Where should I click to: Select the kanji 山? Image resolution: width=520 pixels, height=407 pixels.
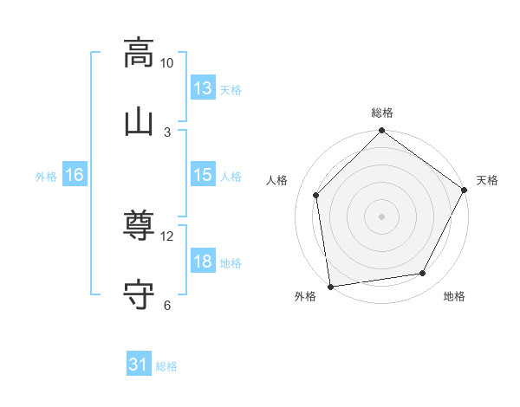(x=139, y=121)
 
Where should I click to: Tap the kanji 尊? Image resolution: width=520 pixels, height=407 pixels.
(x=139, y=227)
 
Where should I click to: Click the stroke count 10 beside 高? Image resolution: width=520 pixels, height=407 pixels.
(x=167, y=62)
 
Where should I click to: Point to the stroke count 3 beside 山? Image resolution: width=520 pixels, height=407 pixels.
(x=167, y=132)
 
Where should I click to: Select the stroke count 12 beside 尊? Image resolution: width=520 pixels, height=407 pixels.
(x=167, y=236)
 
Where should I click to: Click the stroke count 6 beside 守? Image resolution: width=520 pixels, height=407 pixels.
(x=167, y=305)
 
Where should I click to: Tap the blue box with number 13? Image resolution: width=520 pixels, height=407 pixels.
(x=203, y=88)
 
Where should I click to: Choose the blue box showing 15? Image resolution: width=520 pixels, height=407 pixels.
(x=203, y=175)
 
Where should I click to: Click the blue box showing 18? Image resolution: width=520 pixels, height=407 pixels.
(x=203, y=262)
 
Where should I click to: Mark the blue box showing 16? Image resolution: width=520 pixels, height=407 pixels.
(x=75, y=175)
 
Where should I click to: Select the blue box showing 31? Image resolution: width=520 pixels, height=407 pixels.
(x=139, y=365)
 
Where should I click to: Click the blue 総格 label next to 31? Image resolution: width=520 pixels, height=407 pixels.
(x=166, y=366)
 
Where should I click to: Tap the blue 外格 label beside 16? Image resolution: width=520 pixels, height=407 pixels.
(x=46, y=177)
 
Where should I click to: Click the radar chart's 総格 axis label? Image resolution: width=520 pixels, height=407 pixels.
(x=382, y=113)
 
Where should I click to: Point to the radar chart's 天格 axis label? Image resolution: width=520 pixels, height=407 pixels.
(x=487, y=180)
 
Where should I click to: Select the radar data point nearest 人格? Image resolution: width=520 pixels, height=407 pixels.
(x=316, y=195)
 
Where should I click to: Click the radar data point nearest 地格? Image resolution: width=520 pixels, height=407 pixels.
(x=423, y=273)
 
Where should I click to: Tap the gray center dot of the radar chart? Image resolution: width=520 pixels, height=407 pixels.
(x=382, y=216)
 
